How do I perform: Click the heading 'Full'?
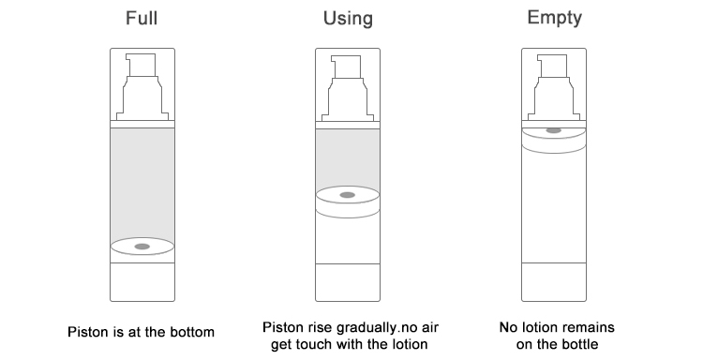[x=142, y=18]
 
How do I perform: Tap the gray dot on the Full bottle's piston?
[x=142, y=247]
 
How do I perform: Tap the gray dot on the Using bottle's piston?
[x=347, y=195]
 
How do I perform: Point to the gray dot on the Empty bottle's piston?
[x=553, y=130]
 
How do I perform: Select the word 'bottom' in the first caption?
[x=194, y=332]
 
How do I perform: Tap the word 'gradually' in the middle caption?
[x=368, y=327]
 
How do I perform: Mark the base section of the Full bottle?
[x=142, y=281]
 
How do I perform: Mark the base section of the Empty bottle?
[x=553, y=281]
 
